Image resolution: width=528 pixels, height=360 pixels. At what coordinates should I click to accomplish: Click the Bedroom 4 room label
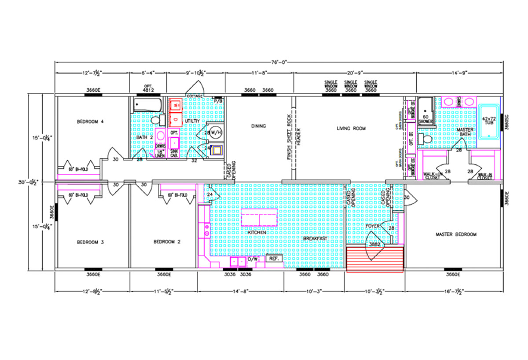click(x=90, y=121)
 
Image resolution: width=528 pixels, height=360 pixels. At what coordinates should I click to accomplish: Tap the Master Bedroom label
click(x=456, y=235)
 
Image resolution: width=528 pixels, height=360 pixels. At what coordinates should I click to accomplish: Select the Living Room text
click(x=351, y=129)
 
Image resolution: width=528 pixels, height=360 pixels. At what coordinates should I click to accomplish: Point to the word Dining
click(x=258, y=126)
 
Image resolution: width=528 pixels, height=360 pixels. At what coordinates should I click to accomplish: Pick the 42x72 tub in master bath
click(x=489, y=122)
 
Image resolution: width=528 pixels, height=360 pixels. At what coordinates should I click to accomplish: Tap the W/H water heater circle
click(x=215, y=132)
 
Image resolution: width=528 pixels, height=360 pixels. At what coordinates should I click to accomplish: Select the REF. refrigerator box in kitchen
click(x=273, y=259)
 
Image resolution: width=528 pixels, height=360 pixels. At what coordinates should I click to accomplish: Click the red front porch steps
click(x=375, y=260)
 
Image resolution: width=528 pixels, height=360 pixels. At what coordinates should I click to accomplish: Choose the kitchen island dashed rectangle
click(x=259, y=219)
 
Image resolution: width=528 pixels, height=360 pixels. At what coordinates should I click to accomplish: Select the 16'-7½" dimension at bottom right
click(x=453, y=291)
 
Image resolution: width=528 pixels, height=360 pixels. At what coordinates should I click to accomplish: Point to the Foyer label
click(x=373, y=226)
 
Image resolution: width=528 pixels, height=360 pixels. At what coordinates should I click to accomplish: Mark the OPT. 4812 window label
click(x=147, y=88)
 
